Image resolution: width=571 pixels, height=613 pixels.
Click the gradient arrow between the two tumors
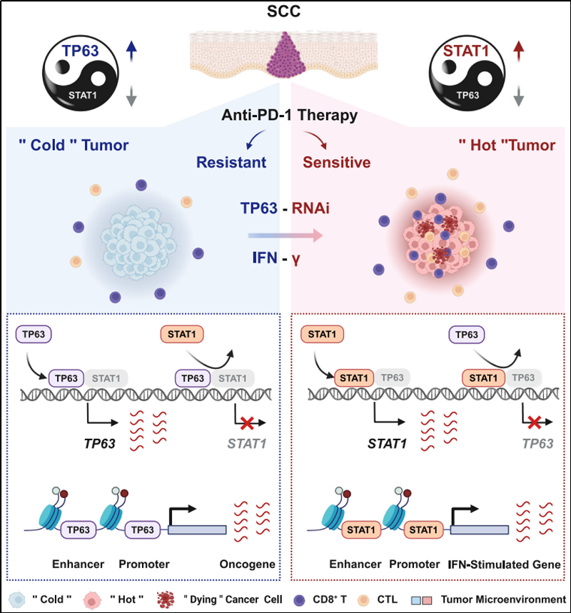coord(285,233)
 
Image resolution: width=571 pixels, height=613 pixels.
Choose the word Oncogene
coord(248,564)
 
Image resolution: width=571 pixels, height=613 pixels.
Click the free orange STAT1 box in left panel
coord(183,333)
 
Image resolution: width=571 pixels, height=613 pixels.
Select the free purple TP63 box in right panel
coord(465,333)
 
